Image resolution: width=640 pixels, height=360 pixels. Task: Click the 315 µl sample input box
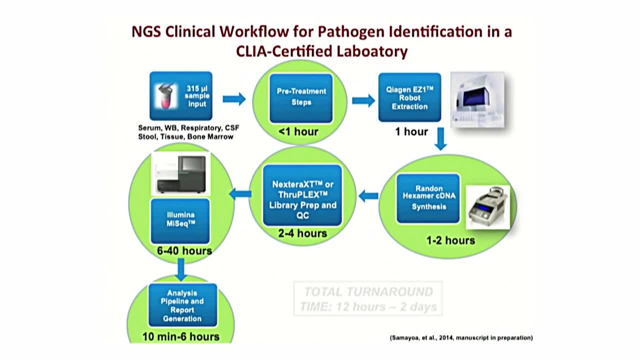(x=180, y=96)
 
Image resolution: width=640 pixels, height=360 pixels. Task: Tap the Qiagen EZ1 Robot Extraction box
(x=409, y=97)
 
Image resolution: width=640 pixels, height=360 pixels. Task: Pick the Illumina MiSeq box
(x=180, y=220)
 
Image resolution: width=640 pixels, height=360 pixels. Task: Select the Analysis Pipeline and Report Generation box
(x=182, y=305)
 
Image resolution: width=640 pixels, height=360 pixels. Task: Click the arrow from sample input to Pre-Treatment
(x=233, y=98)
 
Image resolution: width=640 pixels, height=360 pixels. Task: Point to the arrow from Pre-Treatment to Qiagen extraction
(x=363, y=100)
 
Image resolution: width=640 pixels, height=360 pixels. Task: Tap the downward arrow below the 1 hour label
(x=440, y=138)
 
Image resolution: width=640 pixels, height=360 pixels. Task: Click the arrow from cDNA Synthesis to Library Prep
(x=368, y=196)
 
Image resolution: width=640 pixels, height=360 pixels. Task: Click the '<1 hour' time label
(x=298, y=132)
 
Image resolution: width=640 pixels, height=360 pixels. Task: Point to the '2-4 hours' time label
(x=302, y=233)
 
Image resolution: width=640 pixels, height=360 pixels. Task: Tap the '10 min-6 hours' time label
(x=181, y=336)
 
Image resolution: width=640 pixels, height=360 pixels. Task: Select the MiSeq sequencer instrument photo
(x=180, y=173)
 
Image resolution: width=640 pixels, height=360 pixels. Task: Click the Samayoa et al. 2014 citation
(x=461, y=338)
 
